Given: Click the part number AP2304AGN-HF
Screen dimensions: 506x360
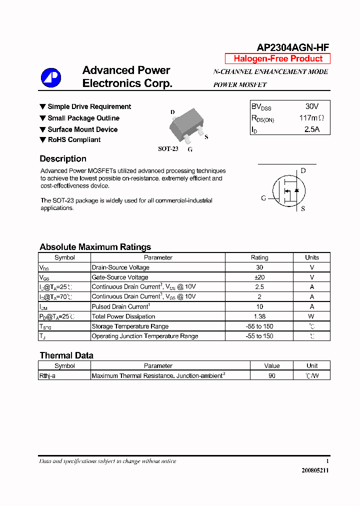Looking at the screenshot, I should point(292,47).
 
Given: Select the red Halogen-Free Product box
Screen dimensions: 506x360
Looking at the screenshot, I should point(278,58).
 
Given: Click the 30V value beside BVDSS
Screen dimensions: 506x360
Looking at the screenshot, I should point(311,106).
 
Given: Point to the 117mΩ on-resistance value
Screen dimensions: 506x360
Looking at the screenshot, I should point(311,118).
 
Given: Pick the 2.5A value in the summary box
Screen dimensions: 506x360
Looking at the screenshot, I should point(311,129).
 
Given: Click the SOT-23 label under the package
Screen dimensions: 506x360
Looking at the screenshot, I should point(168,148).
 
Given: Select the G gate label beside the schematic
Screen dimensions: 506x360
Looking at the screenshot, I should point(263,198).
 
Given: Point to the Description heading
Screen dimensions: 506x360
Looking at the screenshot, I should point(63,159).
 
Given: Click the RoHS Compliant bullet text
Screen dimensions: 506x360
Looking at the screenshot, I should point(74,140).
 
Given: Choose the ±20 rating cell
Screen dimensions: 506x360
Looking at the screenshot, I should point(259,277).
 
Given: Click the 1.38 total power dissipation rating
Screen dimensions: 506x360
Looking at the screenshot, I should point(259,316).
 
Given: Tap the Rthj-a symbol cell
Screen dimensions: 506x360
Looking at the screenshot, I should point(47,375).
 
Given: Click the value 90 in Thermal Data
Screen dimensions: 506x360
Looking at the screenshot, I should point(272,375).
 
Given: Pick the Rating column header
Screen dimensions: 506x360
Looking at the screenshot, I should point(259,257).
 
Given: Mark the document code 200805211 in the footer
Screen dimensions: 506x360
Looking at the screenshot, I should point(315,470).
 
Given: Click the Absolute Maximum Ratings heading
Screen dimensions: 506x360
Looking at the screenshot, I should point(95,247).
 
